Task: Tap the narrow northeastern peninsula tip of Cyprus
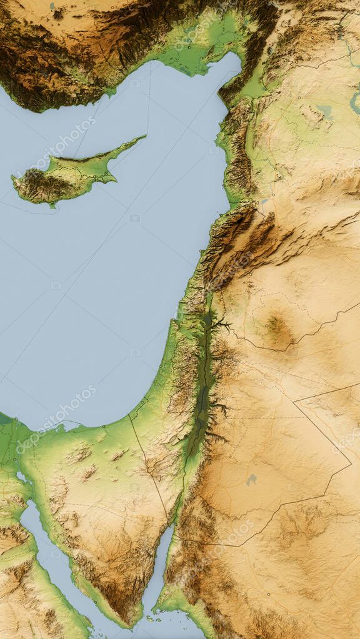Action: pyautogui.click(x=142, y=137)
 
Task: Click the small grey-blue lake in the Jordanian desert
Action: pyautogui.click(x=251, y=480)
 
